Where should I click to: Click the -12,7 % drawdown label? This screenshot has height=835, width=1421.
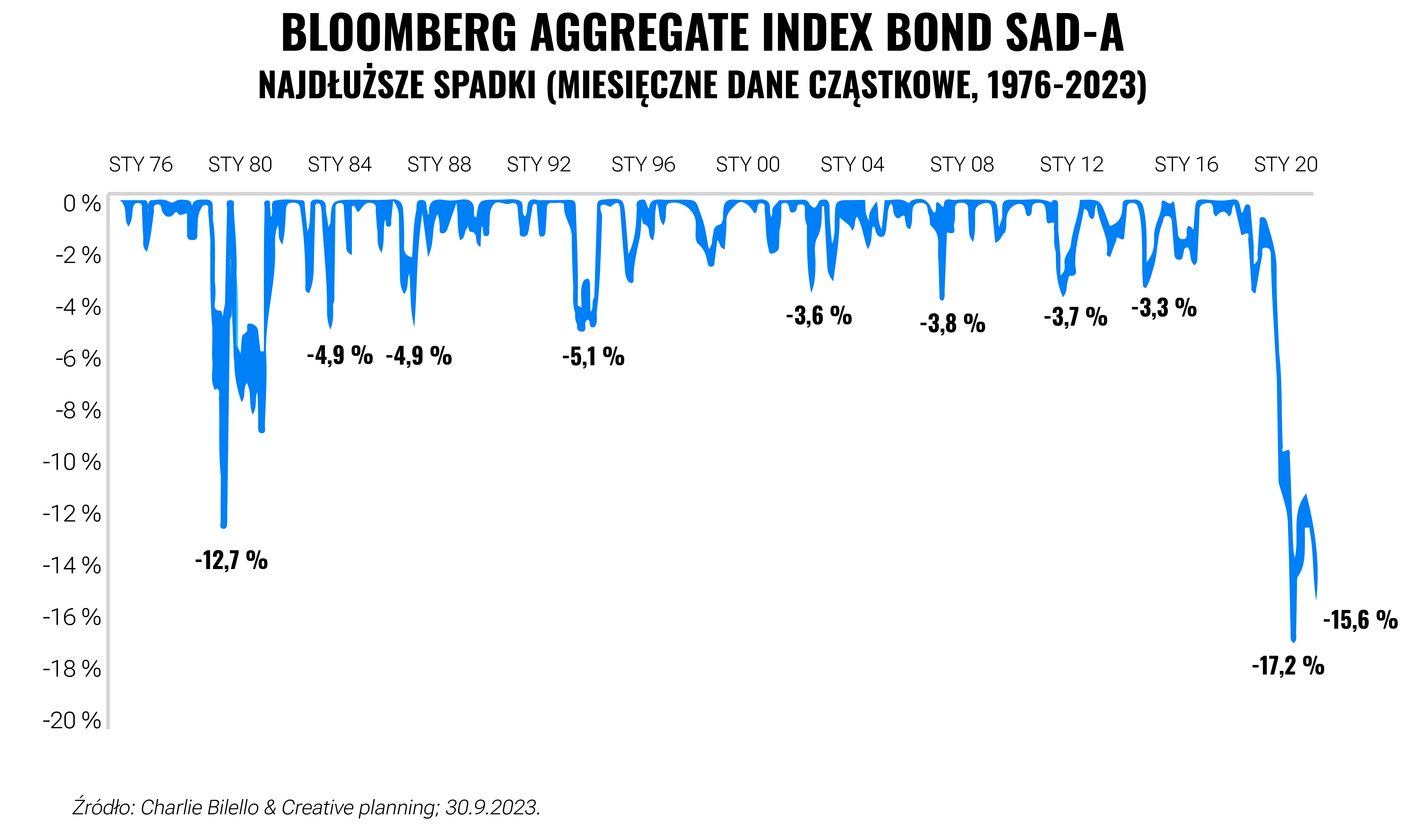tap(231, 561)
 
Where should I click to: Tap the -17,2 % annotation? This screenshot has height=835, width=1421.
tap(1288, 666)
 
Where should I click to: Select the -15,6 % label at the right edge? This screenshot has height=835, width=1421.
tap(1360, 620)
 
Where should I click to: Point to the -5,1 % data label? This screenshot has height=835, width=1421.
tap(593, 356)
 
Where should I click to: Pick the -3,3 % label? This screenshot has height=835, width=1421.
tap(1164, 308)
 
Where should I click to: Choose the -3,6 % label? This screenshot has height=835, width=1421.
tap(819, 316)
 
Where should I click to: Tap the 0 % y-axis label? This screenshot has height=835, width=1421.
tap(82, 204)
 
